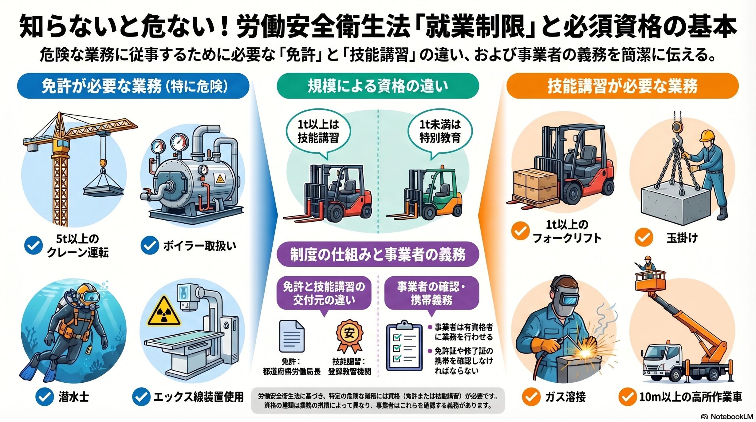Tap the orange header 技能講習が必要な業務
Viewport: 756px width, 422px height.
[623, 86]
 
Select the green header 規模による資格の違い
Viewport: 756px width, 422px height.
[377, 86]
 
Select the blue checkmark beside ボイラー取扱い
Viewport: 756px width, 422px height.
[150, 246]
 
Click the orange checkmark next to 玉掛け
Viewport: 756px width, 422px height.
[644, 238]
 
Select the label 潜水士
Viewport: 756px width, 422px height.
[74, 397]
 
